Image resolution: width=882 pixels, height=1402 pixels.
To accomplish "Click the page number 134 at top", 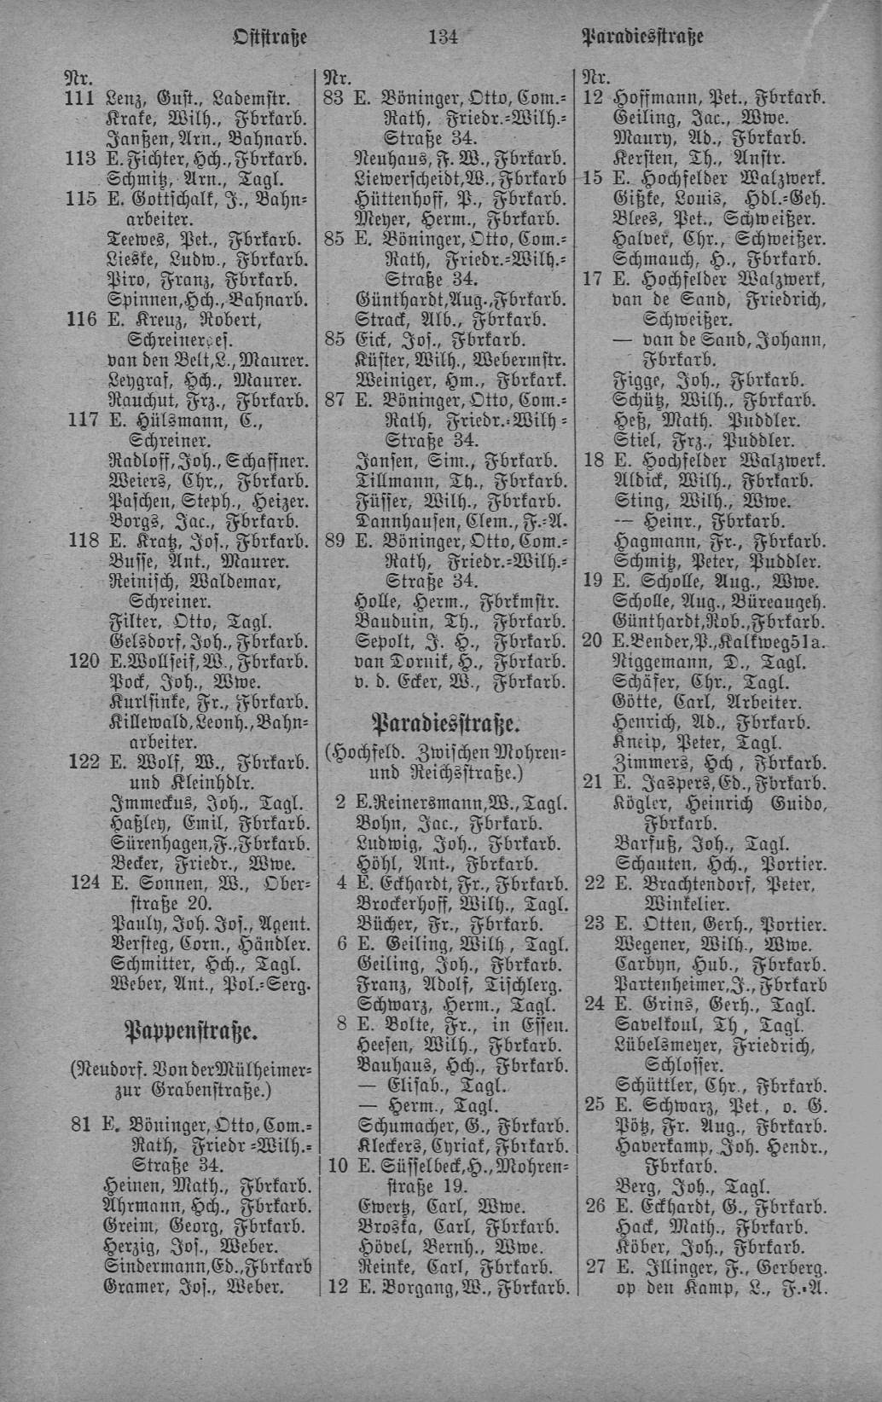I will pos(443,37).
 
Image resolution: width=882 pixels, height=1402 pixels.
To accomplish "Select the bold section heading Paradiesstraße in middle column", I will pos(444,725).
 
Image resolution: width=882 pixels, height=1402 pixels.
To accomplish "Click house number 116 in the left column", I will pos(82,321).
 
